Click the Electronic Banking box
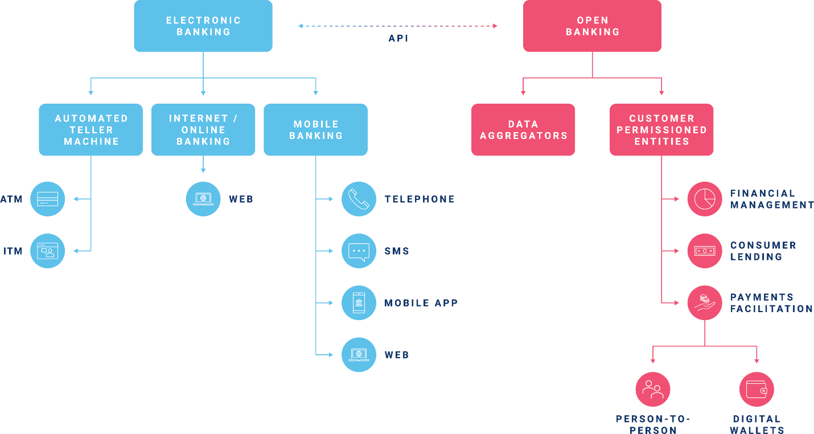[x=203, y=26]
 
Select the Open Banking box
[x=593, y=26]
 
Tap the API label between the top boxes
[x=398, y=39]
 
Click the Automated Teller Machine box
[x=91, y=130]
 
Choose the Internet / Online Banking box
[x=203, y=130]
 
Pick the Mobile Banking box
[x=316, y=130]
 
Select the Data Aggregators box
[x=523, y=130]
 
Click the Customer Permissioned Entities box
[x=661, y=130]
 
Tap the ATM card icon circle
[x=47, y=199]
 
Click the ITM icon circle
[x=47, y=251]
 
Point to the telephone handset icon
[x=359, y=199]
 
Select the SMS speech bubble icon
[x=359, y=251]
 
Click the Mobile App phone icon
[x=359, y=302]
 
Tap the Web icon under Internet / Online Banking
[x=203, y=199]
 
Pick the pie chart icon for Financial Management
[x=705, y=199]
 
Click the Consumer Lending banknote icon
[x=705, y=251]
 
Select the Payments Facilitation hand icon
[x=705, y=302]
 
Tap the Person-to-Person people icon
[x=653, y=390]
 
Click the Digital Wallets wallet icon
[x=757, y=390]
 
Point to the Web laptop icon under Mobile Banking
[x=359, y=354]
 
